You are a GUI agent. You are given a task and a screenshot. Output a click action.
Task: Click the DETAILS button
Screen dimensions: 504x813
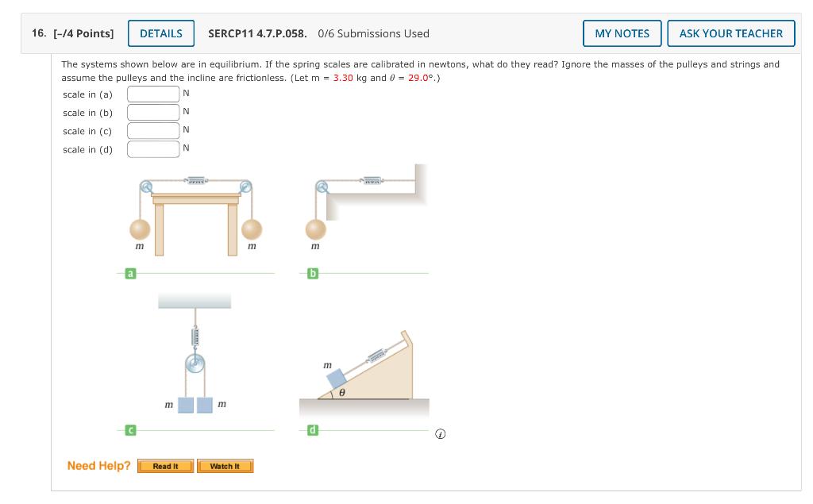click(161, 33)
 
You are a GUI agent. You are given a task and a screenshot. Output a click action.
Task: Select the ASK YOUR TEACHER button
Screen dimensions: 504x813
click(730, 33)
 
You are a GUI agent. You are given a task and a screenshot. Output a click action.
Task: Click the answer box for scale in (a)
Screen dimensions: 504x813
click(153, 94)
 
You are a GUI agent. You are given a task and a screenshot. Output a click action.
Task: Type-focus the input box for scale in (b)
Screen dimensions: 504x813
click(153, 112)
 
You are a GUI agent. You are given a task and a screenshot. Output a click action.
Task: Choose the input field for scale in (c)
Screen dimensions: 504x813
click(153, 130)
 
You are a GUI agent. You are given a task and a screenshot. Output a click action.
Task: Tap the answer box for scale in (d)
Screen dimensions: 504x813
click(153, 148)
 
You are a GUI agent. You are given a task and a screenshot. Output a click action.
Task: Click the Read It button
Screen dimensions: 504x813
click(165, 466)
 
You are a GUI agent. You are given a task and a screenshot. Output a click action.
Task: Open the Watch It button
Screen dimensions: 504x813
click(225, 466)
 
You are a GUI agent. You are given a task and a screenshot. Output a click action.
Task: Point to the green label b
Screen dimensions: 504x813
click(313, 274)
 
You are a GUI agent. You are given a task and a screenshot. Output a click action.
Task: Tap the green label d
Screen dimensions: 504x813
click(313, 430)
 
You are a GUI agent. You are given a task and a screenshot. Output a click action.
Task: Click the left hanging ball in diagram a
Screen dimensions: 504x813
click(140, 229)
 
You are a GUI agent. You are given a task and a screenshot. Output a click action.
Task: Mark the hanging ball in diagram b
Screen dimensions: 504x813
click(316, 229)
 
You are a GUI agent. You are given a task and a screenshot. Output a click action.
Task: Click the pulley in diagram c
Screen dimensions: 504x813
click(195, 364)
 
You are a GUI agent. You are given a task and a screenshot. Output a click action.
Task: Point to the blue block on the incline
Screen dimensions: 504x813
click(334, 379)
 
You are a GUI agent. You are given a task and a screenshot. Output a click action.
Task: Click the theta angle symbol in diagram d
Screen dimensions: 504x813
click(341, 392)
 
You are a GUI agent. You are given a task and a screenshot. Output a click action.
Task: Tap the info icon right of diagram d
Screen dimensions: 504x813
click(441, 434)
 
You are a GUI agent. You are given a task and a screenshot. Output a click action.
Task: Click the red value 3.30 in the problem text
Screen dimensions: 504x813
click(343, 78)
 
